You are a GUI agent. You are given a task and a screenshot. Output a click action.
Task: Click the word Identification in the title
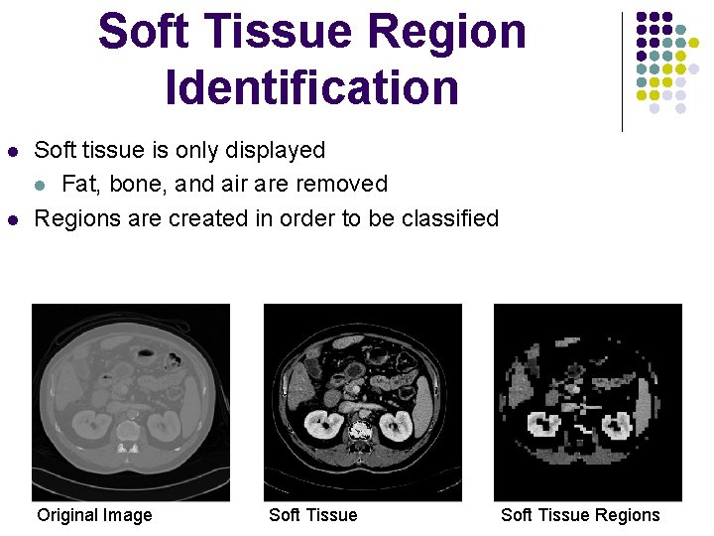[312, 86]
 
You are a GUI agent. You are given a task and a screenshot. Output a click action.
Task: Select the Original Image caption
[94, 514]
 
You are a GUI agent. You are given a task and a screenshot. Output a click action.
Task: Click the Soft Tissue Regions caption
[580, 514]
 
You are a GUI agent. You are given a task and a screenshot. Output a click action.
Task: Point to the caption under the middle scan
[312, 514]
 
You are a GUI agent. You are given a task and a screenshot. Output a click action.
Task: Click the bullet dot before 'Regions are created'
[12, 218]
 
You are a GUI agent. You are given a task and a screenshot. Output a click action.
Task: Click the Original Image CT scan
[131, 402]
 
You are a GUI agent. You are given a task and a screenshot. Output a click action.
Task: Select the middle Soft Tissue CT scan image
[362, 402]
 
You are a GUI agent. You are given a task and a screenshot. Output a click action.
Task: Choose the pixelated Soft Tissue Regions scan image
[588, 402]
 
